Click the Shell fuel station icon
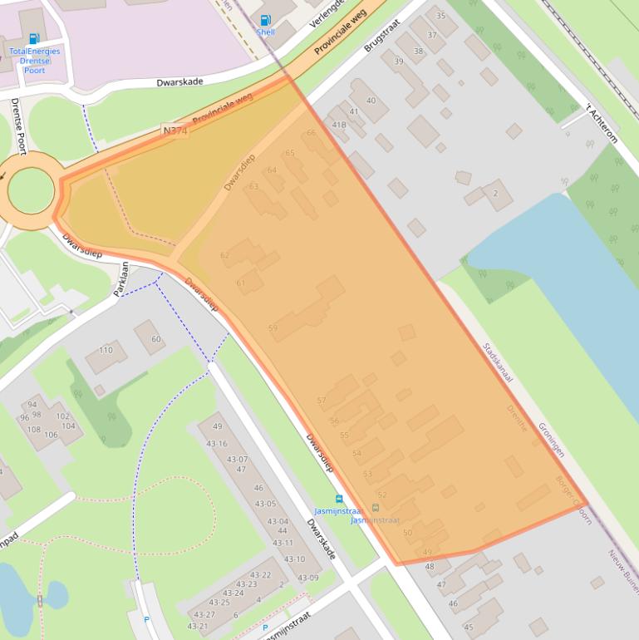(x=266, y=20)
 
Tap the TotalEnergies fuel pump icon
(x=34, y=38)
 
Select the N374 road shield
(x=174, y=131)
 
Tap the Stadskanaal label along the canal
(x=498, y=362)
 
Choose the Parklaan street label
(x=121, y=279)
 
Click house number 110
(x=106, y=351)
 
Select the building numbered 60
(x=155, y=339)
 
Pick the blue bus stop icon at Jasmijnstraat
(x=339, y=499)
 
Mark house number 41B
(x=339, y=125)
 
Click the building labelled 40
(x=371, y=101)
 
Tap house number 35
(x=440, y=16)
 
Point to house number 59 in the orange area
(x=273, y=328)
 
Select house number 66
(x=311, y=133)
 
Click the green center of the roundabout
(x=31, y=190)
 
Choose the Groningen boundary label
(x=551, y=439)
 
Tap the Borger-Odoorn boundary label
(x=573, y=498)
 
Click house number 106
(x=51, y=435)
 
